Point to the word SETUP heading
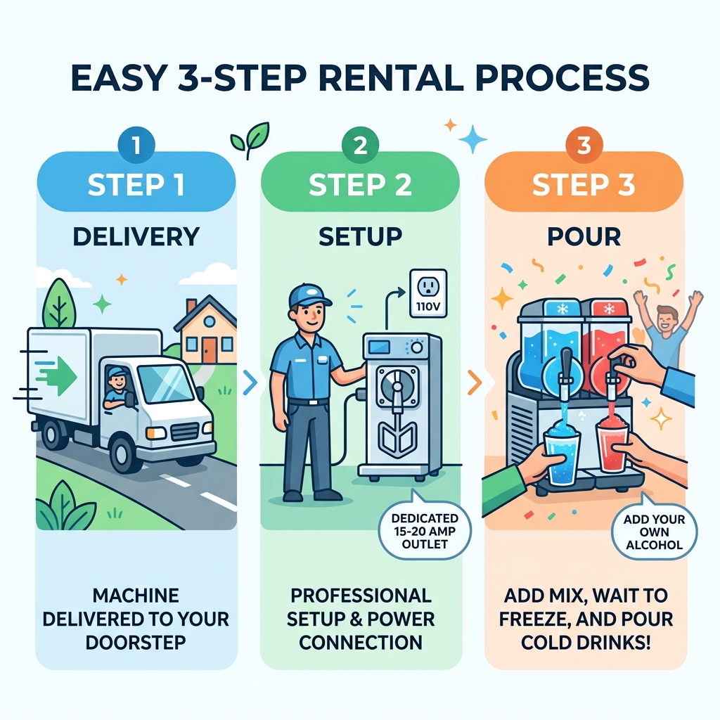pyautogui.click(x=360, y=236)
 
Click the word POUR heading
pyautogui.click(x=583, y=236)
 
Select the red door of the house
pyautogui.click(x=210, y=350)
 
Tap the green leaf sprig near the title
pyautogui.click(x=250, y=137)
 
